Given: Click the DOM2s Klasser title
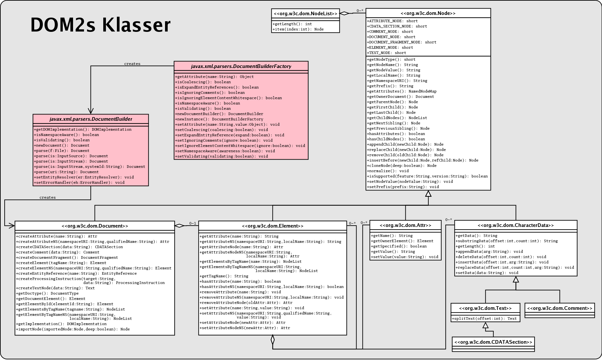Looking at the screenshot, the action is (x=100, y=25).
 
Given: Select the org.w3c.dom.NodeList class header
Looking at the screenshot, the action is (x=305, y=14).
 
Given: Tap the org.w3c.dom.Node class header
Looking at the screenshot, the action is (x=428, y=13).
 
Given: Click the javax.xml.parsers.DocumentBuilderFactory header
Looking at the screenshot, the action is (x=241, y=66).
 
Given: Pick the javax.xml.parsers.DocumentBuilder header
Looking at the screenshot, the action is (x=91, y=119).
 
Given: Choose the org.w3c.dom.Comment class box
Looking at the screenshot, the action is (x=559, y=310).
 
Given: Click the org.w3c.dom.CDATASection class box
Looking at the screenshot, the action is (x=493, y=344).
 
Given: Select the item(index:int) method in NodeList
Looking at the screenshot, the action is (x=298, y=29).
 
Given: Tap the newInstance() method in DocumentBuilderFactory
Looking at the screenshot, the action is (x=219, y=119).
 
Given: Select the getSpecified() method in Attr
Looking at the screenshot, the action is (x=399, y=246).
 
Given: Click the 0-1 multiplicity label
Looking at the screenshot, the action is (x=193, y=223).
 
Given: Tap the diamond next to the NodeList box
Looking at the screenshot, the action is (x=345, y=13).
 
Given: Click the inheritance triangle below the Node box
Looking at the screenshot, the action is (x=428, y=193).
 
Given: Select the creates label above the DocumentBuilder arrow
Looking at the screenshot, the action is (x=132, y=64).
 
